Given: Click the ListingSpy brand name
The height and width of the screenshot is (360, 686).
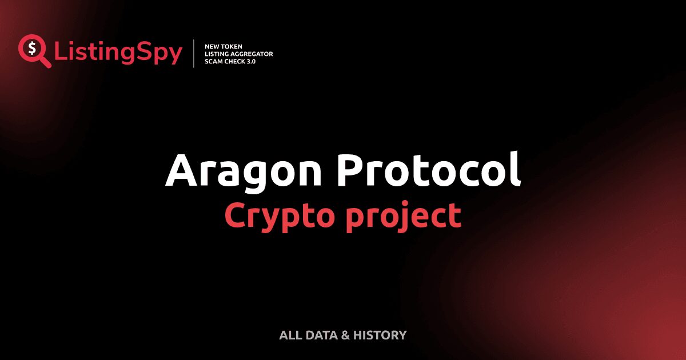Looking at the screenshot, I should [x=118, y=53].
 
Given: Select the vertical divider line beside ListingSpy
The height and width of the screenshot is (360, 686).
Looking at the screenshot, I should [x=194, y=54].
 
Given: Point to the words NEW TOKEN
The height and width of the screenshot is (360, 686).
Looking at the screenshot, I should [x=224, y=46].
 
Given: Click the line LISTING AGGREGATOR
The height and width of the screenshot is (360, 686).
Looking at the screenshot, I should [x=238, y=54].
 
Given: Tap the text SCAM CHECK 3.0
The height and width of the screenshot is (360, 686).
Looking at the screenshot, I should [x=230, y=61].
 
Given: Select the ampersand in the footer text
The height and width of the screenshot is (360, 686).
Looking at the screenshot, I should [x=345, y=335].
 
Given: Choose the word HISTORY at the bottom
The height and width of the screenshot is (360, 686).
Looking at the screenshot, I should [x=380, y=335].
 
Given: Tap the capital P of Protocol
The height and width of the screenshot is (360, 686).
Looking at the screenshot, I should [x=350, y=170].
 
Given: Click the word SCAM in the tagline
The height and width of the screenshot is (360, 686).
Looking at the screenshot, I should [x=213, y=61].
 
